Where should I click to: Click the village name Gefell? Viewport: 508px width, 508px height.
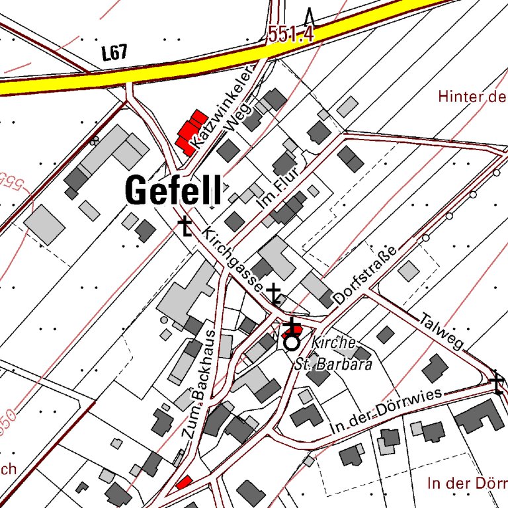click(173, 190)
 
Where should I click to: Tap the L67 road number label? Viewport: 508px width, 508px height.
click(114, 54)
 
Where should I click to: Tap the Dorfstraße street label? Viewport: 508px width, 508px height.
click(364, 276)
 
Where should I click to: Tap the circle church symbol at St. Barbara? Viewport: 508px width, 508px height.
click(291, 343)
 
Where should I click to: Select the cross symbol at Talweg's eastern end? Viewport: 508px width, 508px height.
click(497, 383)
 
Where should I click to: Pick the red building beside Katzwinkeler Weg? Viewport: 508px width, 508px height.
click(189, 132)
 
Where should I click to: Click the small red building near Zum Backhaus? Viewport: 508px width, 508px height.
click(184, 482)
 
